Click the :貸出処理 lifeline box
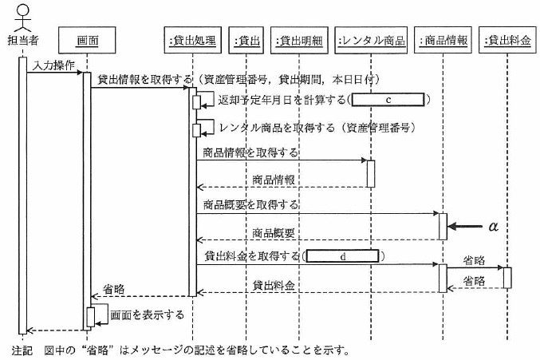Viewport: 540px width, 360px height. click(x=192, y=39)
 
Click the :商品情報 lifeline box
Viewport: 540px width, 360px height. click(x=444, y=39)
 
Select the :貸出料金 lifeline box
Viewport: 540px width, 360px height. click(x=506, y=39)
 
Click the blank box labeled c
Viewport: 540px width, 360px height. click(x=388, y=100)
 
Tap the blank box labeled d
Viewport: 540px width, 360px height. click(x=341, y=257)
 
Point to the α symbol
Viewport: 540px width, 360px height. click(x=492, y=227)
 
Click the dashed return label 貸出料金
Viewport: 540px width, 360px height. click(x=274, y=284)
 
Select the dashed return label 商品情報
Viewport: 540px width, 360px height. click(x=274, y=180)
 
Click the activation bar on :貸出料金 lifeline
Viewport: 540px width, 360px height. click(x=506, y=277)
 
